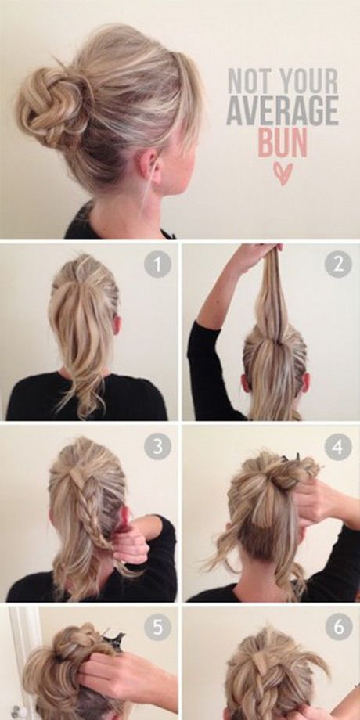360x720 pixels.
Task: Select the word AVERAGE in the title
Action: point(283,110)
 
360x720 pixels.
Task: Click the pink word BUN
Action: point(283,142)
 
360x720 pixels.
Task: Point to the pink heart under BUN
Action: point(283,174)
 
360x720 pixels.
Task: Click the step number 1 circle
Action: point(157,265)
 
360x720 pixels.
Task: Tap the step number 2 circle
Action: point(338,265)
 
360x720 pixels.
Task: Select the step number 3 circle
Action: point(157,446)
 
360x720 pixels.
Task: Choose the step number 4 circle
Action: point(338,446)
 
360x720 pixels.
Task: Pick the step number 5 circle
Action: point(157,627)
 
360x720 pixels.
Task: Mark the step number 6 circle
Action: point(338,627)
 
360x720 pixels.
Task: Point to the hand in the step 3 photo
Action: point(131,542)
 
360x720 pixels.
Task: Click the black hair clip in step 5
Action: point(113,639)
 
